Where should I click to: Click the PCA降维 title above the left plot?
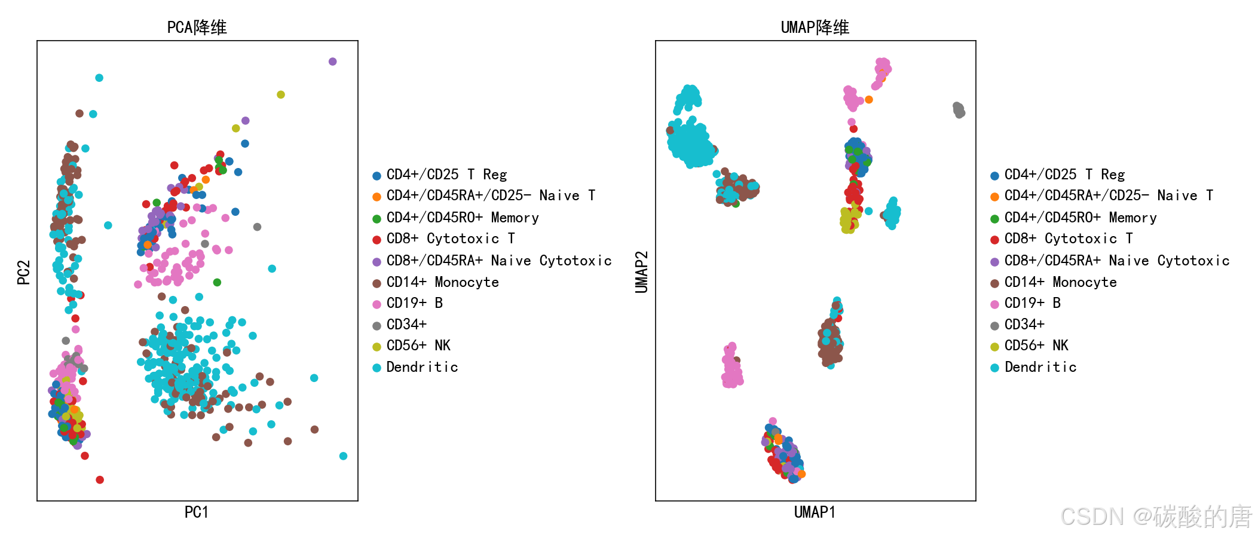coord(197,27)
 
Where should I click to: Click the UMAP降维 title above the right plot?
coord(815,27)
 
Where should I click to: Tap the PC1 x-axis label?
coord(196,512)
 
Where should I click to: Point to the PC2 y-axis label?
coord(23,272)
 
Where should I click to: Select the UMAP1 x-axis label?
coord(815,512)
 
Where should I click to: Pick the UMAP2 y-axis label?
coord(641,272)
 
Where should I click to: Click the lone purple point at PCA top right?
coord(333,62)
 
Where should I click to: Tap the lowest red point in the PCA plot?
coord(100,480)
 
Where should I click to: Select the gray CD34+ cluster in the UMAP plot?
coord(959,110)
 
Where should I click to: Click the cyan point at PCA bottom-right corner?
coord(343,456)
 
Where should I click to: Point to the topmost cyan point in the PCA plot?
coord(99,78)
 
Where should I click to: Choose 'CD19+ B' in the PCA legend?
coord(414,303)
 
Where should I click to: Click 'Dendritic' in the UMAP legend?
coord(1040,367)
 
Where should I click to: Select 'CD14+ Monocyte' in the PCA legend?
coord(442,282)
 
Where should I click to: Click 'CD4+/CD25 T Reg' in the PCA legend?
coord(446,175)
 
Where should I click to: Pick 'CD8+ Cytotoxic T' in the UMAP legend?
coord(1068,239)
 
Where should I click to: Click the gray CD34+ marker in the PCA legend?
coord(376,326)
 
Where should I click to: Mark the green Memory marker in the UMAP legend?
coord(994,219)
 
